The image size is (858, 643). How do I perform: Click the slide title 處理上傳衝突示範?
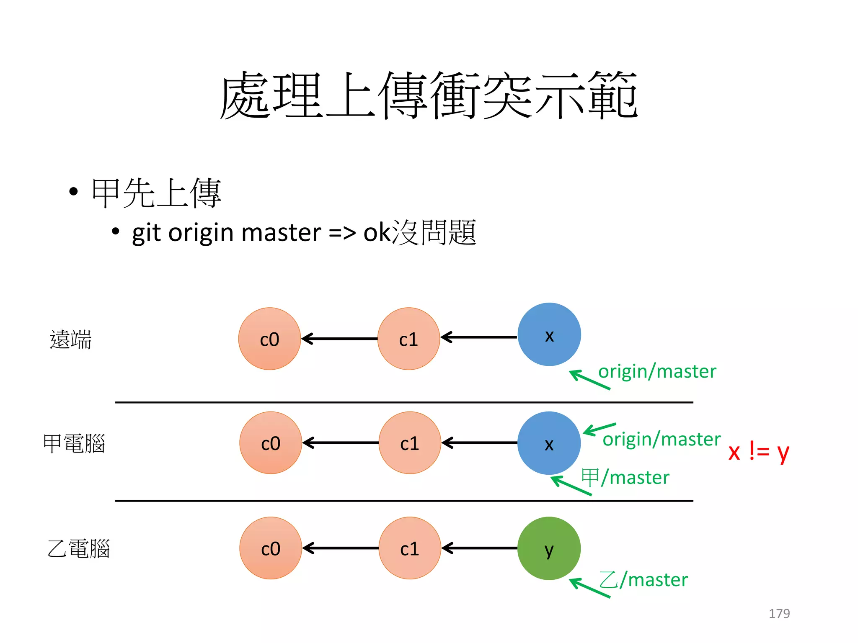[428, 95]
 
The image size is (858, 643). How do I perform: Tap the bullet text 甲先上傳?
[156, 193]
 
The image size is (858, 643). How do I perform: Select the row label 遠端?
[70, 339]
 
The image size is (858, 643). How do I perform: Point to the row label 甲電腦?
[74, 443]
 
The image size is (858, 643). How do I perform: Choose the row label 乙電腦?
[78, 548]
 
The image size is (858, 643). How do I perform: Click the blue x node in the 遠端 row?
[549, 334]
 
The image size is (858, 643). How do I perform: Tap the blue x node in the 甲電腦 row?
[549, 443]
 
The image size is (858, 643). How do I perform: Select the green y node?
[549, 548]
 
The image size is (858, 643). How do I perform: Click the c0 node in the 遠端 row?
[269, 339]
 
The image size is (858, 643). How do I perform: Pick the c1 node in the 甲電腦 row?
[409, 443]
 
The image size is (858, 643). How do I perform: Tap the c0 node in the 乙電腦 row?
[270, 548]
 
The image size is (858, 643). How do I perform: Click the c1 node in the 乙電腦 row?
[409, 548]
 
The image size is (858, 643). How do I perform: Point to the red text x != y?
[758, 451]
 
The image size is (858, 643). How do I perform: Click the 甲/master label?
[625, 477]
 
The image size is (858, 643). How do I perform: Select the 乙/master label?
[643, 580]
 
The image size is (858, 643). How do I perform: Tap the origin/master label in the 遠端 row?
[657, 371]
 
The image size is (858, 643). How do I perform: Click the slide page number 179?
[779, 613]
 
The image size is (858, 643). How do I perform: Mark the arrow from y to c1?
[480, 548]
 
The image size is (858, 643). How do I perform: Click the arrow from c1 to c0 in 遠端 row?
[339, 339]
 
